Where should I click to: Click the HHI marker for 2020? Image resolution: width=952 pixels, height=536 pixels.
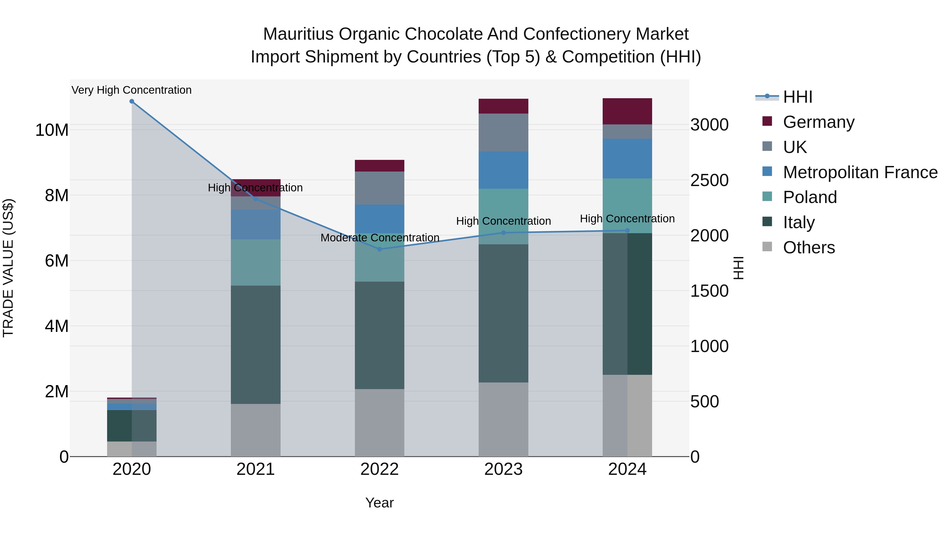[x=132, y=101]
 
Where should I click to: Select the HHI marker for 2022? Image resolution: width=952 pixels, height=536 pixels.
[x=379, y=249]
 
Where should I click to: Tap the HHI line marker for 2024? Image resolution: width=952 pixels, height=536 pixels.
[x=627, y=231]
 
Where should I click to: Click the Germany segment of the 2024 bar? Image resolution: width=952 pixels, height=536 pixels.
[x=627, y=111]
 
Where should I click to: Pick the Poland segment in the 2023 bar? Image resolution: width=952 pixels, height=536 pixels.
[x=503, y=217]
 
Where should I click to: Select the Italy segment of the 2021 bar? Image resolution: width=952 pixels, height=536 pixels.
[x=255, y=344]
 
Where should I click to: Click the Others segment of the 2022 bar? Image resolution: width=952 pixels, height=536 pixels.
[x=379, y=422]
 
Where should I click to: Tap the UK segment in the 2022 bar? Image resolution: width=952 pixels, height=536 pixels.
[x=379, y=188]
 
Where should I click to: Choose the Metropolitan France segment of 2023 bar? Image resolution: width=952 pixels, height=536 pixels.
[x=503, y=170]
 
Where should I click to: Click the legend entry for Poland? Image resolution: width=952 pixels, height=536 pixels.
[x=809, y=197]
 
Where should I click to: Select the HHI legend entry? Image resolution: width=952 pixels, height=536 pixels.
[x=798, y=97]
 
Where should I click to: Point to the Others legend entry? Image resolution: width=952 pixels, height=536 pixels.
[x=809, y=247]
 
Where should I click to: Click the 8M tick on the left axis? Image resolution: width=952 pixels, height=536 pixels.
[x=57, y=195]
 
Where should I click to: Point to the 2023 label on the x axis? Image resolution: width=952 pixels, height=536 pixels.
[x=503, y=469]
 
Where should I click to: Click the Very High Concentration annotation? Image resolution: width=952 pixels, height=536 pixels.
[x=132, y=90]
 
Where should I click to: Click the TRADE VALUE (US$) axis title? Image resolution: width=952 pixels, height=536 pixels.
[x=8, y=268]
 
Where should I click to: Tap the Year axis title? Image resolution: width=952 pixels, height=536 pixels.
[x=379, y=503]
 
